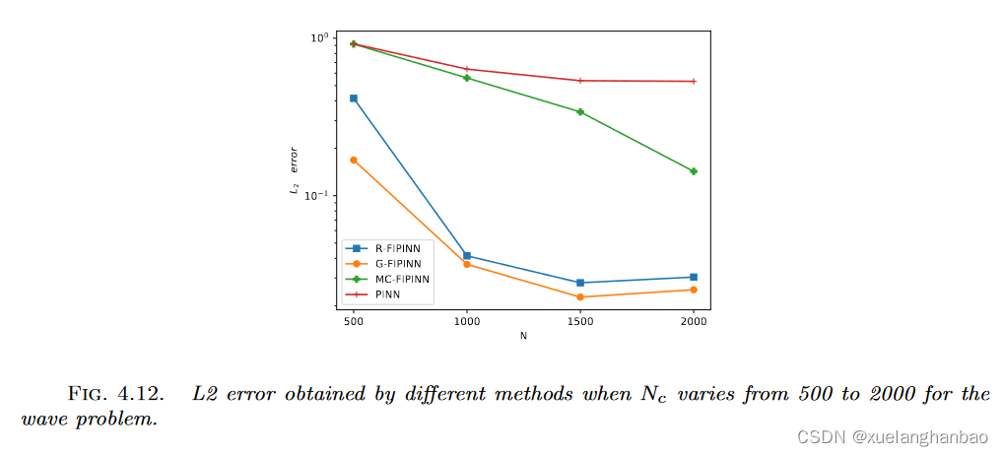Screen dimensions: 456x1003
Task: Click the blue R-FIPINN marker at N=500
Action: pos(353,98)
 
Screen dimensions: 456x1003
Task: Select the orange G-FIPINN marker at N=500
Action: pos(353,160)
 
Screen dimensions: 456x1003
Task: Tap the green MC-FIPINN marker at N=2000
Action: pos(694,171)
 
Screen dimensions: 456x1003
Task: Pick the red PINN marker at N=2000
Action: pos(694,82)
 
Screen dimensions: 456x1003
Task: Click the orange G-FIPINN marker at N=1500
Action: pos(580,296)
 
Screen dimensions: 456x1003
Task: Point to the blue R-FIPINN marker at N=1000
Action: pos(467,256)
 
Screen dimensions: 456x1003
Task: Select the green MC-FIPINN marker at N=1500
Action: pos(580,112)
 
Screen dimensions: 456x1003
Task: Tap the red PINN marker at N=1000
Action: pos(467,69)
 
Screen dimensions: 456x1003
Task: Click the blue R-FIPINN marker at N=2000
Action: pos(694,277)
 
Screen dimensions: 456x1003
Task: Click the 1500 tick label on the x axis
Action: pos(580,321)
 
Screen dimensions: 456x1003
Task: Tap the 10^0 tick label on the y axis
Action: pos(319,38)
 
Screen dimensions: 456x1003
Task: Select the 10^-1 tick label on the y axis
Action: pos(318,196)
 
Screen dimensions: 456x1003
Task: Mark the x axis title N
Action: pos(523,336)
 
